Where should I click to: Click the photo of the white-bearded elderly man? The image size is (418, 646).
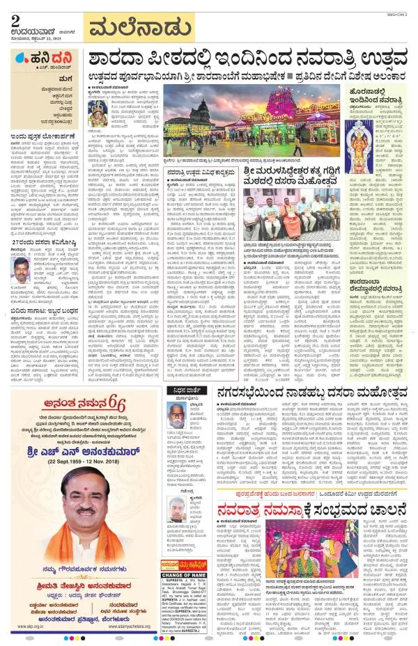coord(177,416)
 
